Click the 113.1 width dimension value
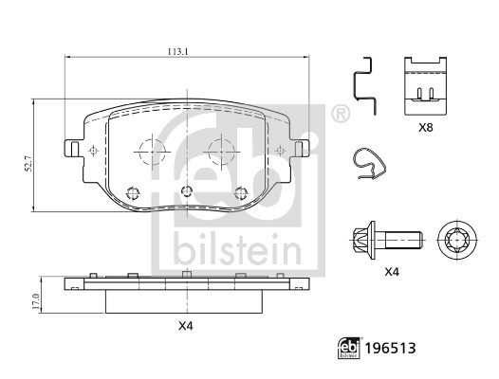(178, 51)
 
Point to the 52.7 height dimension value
(28, 164)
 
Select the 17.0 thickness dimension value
(36, 301)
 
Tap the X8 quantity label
(426, 128)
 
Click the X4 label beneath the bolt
(392, 272)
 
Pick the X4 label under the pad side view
(186, 326)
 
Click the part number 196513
(390, 349)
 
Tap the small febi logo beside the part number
(349, 348)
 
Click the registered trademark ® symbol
(341, 113)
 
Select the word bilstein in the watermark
(237, 250)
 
